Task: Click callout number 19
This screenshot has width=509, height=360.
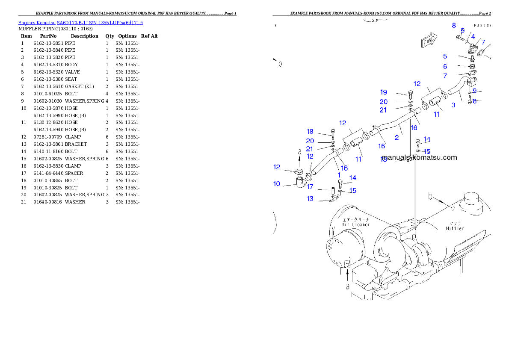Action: [x=384, y=92]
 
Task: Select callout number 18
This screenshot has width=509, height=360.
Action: [x=310, y=132]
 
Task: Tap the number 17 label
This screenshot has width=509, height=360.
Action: [x=310, y=187]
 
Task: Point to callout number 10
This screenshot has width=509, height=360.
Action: [x=277, y=184]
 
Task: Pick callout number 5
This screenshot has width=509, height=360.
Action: [x=445, y=56]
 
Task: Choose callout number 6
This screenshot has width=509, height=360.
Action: [x=445, y=67]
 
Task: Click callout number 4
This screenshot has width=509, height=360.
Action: [x=473, y=37]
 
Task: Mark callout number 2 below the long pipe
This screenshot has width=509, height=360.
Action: [x=397, y=138]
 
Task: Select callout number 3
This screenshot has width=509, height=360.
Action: [x=453, y=105]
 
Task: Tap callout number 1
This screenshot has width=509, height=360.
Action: [x=339, y=175]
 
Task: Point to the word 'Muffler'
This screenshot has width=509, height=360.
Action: [x=455, y=228]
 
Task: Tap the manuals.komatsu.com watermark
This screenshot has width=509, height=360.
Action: [x=420, y=157]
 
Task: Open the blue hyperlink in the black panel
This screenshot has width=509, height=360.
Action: [x=80, y=22]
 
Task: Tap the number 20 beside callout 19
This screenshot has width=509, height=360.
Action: [x=384, y=102]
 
